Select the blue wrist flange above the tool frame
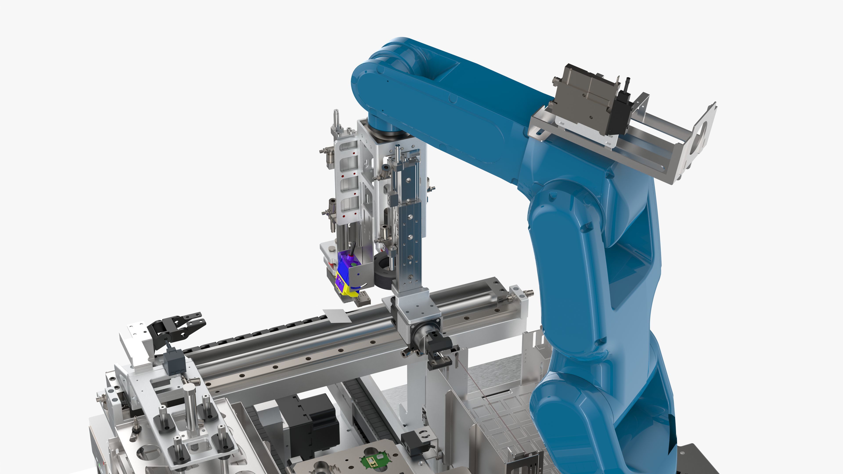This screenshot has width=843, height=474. point(386,129)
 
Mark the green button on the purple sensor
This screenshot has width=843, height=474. point(354,264)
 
